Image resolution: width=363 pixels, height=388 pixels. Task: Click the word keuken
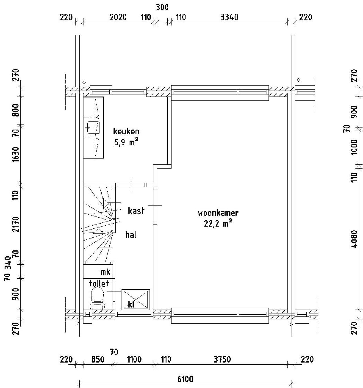click(x=126, y=131)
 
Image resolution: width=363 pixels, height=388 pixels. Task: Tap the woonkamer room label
click(x=218, y=213)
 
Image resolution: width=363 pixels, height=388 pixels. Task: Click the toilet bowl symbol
click(x=97, y=299)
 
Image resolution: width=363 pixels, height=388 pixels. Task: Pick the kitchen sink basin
click(x=93, y=127)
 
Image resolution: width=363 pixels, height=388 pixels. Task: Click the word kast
click(x=136, y=211)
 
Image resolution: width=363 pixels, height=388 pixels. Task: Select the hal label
click(x=131, y=234)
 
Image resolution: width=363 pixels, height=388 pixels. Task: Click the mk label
click(x=105, y=272)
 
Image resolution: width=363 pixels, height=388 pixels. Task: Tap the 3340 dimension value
click(x=229, y=17)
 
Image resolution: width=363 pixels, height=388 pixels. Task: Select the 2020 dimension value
click(x=118, y=17)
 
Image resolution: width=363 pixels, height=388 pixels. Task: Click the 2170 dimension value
click(x=16, y=224)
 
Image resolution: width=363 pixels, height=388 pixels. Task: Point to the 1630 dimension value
click(x=16, y=154)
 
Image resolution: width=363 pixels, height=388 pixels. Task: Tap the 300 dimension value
click(x=162, y=8)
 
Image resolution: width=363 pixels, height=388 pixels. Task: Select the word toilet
click(x=99, y=284)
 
